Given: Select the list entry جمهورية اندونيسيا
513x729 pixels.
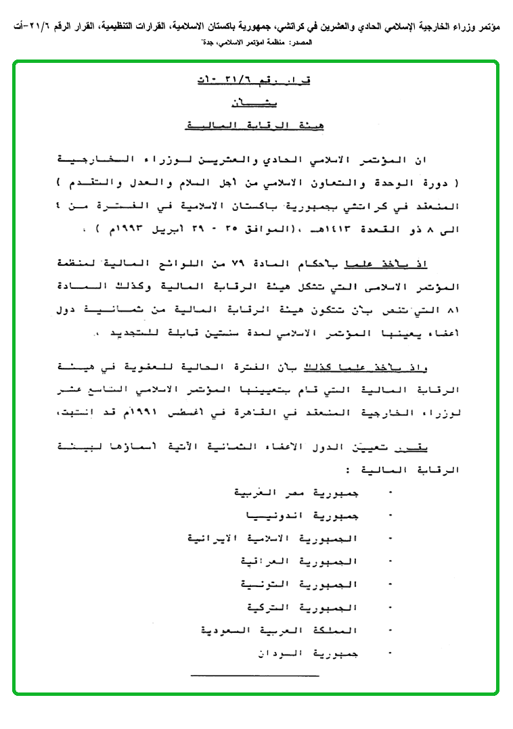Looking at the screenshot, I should tap(304, 516).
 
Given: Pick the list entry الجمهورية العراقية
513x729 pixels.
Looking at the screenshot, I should tap(300, 562).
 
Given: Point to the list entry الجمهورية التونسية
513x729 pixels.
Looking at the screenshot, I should tap(299, 584).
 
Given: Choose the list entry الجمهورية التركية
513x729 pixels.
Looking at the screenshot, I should tap(300, 607).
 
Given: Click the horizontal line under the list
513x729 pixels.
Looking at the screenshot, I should tap(254, 675).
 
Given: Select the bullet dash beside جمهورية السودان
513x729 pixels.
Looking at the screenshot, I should tap(391, 653).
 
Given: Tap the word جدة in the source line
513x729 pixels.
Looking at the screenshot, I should tap(206, 42).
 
